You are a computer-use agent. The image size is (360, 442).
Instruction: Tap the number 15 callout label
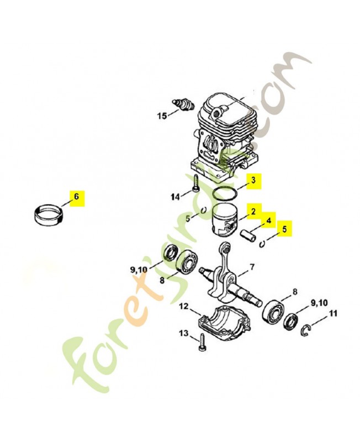point(162,116)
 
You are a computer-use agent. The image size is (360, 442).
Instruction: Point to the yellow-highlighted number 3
point(253,180)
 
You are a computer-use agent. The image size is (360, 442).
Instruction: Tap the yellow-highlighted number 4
point(268,220)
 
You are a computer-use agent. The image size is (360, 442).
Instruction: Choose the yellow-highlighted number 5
point(284,229)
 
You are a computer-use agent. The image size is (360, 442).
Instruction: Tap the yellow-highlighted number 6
point(76,197)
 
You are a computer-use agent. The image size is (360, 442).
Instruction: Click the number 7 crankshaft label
point(251,267)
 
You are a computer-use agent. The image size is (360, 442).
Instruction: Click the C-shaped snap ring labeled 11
point(307,330)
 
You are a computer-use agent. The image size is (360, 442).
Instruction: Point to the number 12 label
point(183,306)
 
